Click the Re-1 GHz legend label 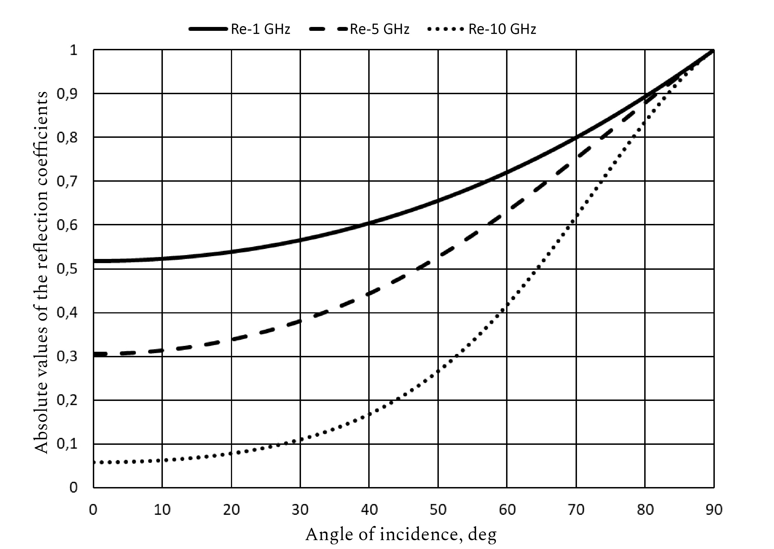pyautogui.click(x=260, y=29)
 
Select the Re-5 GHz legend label pyautogui.click(x=379, y=29)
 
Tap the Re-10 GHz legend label pyautogui.click(x=502, y=29)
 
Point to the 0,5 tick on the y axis pyautogui.click(x=67, y=269)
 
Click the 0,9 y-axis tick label pyautogui.click(x=67, y=94)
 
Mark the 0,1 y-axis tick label pyautogui.click(x=67, y=444)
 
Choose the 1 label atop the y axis pyautogui.click(x=73, y=50)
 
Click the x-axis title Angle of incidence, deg pyautogui.click(x=401, y=535)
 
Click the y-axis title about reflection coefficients pyautogui.click(x=41, y=272)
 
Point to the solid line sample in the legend pyautogui.click(x=208, y=29)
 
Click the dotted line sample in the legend pyautogui.click(x=446, y=29)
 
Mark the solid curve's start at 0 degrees pyautogui.click(x=94, y=261)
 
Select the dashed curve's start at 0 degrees pyautogui.click(x=95, y=354)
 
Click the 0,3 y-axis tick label pyautogui.click(x=67, y=357)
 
